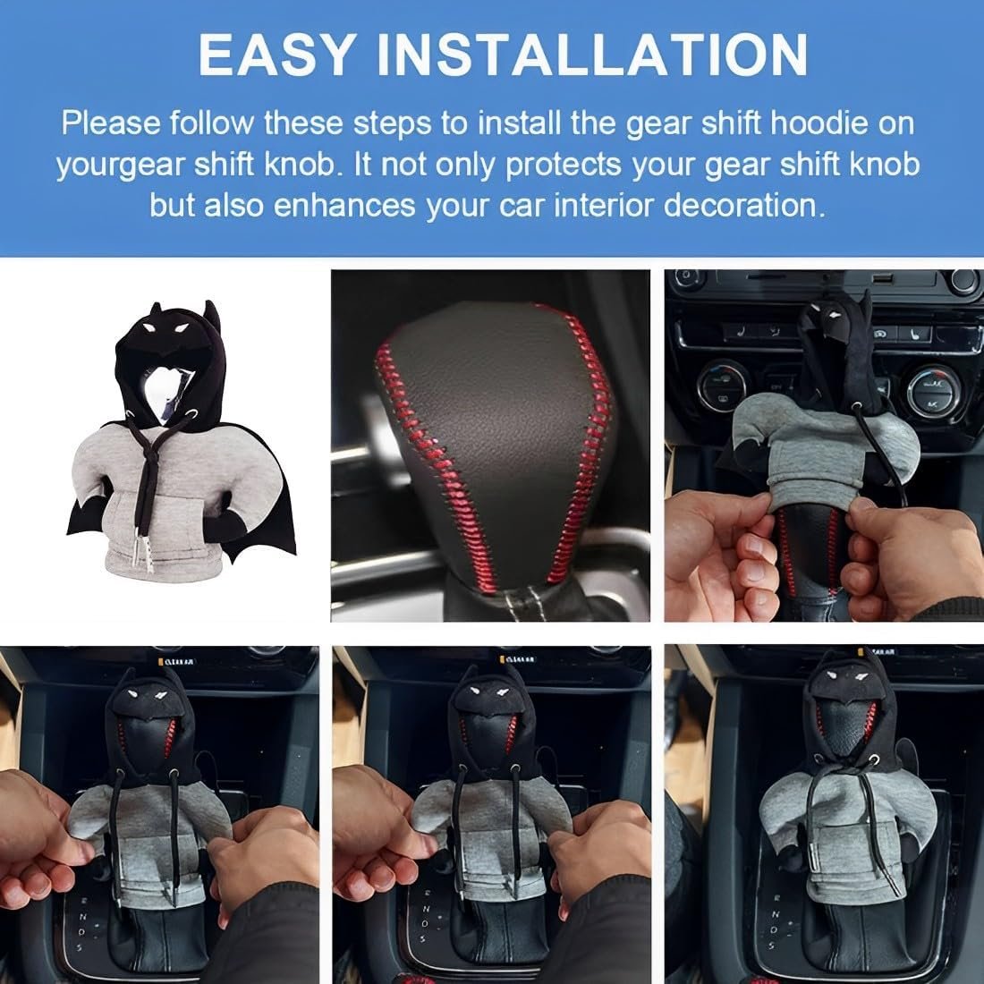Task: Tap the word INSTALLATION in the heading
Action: pos(593,55)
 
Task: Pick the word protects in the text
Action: pos(563,165)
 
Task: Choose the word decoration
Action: pos(744,206)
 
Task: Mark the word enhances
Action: pos(344,207)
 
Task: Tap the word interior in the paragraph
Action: pos(605,206)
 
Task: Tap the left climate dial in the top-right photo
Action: pos(722,385)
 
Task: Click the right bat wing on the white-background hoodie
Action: pos(263,496)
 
